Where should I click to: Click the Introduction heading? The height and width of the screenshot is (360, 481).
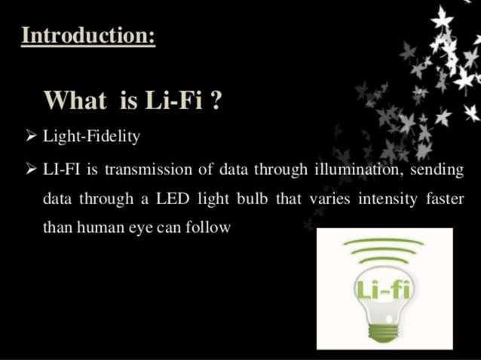(x=87, y=35)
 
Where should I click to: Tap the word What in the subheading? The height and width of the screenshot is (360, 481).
(x=74, y=99)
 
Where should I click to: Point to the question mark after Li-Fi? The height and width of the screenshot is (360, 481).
(x=216, y=99)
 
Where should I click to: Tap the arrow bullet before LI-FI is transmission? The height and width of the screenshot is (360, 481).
(x=30, y=169)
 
